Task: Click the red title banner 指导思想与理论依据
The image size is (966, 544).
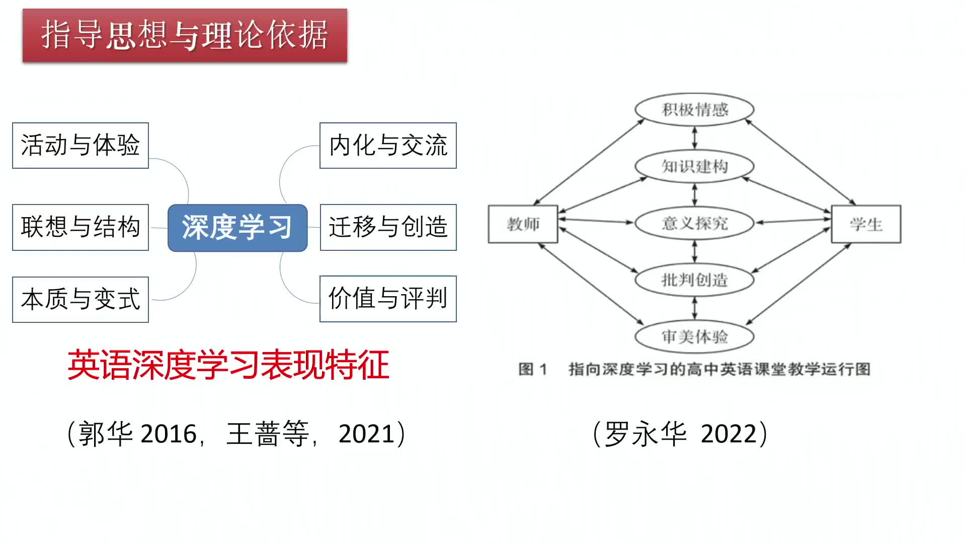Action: pyautogui.click(x=185, y=35)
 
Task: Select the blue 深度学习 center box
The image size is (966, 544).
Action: pyautogui.click(x=237, y=228)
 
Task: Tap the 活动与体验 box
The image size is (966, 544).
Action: pyautogui.click(x=80, y=146)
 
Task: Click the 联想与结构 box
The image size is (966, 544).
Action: pyautogui.click(x=80, y=227)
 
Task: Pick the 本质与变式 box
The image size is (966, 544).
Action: pyautogui.click(x=80, y=299)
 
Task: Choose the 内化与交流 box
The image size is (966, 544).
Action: pyautogui.click(x=388, y=146)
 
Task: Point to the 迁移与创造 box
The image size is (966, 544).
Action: pyautogui.click(x=388, y=227)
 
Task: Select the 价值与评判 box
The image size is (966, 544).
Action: pyautogui.click(x=388, y=299)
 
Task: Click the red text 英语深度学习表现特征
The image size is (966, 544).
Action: pyautogui.click(x=228, y=365)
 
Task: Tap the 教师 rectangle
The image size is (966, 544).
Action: pyautogui.click(x=523, y=224)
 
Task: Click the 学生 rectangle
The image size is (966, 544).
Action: pyautogui.click(x=866, y=224)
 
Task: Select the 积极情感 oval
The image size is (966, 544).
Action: pyautogui.click(x=694, y=109)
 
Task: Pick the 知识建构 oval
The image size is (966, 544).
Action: pyautogui.click(x=694, y=166)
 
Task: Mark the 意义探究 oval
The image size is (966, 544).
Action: pyautogui.click(x=694, y=223)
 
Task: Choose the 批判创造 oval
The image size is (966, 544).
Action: pyautogui.click(x=694, y=280)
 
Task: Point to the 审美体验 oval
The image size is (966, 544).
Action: pyautogui.click(x=694, y=336)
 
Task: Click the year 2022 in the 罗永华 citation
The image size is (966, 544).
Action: pyautogui.click(x=729, y=434)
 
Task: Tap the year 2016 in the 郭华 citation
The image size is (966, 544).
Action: pyautogui.click(x=169, y=434)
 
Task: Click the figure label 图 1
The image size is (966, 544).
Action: pyautogui.click(x=532, y=369)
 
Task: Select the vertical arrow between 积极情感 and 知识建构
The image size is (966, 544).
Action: pyautogui.click(x=695, y=138)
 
